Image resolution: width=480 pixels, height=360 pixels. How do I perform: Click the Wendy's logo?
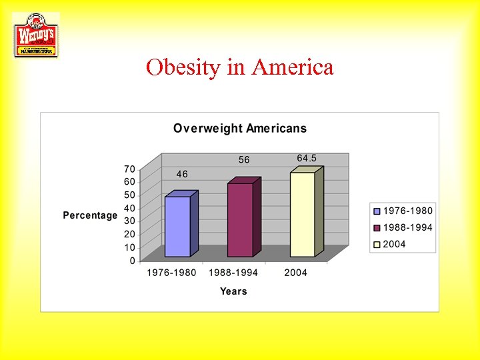[x=36, y=35]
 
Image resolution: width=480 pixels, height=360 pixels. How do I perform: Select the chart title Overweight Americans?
[x=240, y=128]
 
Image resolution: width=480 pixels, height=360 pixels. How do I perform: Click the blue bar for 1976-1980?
[x=178, y=227]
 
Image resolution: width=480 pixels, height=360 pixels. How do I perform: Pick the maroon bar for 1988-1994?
[x=240, y=219]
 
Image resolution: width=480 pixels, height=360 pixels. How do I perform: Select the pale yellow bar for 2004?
[x=303, y=214]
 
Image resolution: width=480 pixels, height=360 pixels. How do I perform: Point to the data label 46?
[x=182, y=174]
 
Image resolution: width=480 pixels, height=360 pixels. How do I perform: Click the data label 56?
[x=245, y=160]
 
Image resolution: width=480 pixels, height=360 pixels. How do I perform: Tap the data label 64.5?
[x=307, y=158]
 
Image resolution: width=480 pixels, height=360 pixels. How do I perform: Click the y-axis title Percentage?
[x=90, y=215]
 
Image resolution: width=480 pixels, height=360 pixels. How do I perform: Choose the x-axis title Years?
[x=233, y=291]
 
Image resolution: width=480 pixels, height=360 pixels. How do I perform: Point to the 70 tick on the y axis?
[x=129, y=169]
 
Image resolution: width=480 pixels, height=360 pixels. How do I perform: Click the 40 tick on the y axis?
[x=129, y=208]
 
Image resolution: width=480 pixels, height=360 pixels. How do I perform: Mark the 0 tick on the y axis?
[x=132, y=260]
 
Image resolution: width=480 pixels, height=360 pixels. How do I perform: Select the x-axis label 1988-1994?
[x=233, y=273]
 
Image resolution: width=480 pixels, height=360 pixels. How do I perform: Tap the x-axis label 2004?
[x=295, y=273]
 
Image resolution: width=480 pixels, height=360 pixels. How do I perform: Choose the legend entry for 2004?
[x=394, y=244]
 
